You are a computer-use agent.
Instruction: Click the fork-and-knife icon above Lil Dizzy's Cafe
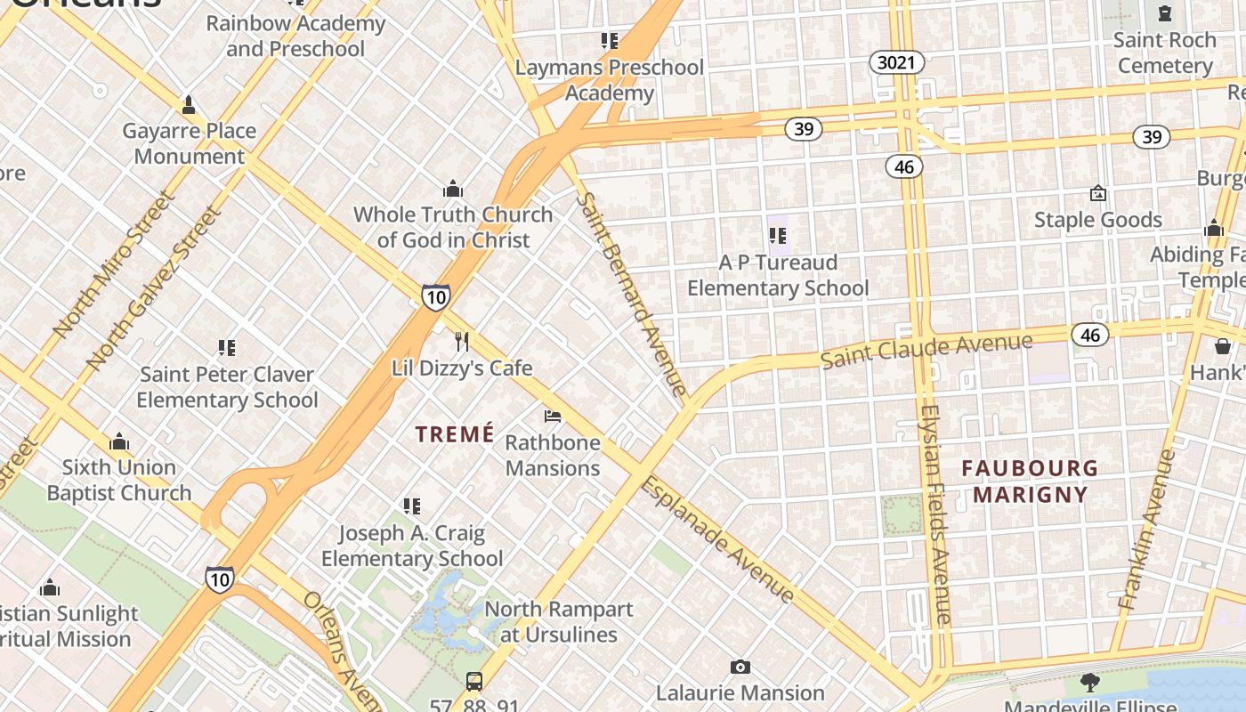click(x=462, y=342)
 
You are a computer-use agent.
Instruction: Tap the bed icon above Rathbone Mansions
click(x=553, y=416)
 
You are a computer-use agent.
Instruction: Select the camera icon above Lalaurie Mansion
click(x=740, y=667)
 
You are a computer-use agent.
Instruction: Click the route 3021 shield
click(x=896, y=62)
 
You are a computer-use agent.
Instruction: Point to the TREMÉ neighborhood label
click(x=455, y=434)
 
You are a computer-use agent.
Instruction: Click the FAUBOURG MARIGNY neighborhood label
click(x=1030, y=481)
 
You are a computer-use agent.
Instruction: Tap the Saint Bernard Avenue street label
click(x=631, y=293)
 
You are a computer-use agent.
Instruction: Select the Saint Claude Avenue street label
click(x=926, y=351)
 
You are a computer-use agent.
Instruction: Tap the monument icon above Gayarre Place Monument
click(x=189, y=105)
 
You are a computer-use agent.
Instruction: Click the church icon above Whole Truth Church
click(x=453, y=189)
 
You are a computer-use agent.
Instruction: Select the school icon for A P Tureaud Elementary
click(x=778, y=236)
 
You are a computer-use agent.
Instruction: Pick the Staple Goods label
click(x=1097, y=220)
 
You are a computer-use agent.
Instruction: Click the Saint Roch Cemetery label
click(x=1164, y=53)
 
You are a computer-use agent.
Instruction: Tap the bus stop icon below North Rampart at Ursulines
click(x=474, y=682)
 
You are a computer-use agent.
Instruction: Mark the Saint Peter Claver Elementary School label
click(x=227, y=387)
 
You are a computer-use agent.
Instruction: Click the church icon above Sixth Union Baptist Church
click(x=119, y=442)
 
